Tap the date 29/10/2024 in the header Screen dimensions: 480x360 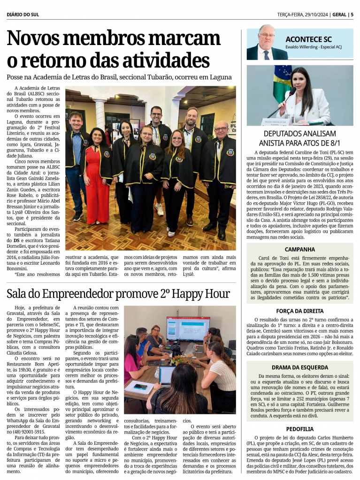tap(313, 15)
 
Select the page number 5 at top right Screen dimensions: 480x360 tap(352, 15)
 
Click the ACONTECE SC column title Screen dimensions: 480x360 tap(308, 39)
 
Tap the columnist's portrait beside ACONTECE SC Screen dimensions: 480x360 tap(266, 43)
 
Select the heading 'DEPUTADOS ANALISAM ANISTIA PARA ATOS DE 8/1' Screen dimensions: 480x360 tap(299, 138)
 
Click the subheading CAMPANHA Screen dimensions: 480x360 tap(299, 249)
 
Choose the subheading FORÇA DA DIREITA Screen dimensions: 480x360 tap(299, 311)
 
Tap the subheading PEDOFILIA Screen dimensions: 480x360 tap(299, 428)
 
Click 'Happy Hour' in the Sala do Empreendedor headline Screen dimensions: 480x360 tap(202, 294)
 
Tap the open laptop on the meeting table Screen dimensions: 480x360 tap(167, 375)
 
